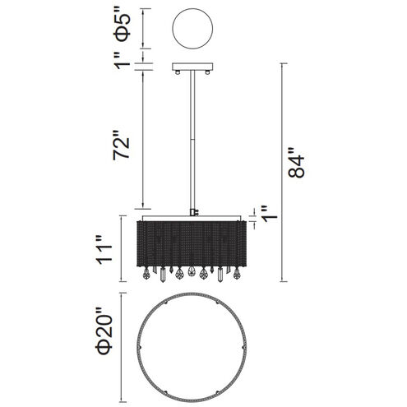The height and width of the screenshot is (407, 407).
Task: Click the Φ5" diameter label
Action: point(123,27)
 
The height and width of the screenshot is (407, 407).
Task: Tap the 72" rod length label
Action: point(121,145)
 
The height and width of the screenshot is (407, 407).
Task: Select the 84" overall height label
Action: point(296,163)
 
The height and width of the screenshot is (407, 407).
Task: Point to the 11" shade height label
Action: point(104,250)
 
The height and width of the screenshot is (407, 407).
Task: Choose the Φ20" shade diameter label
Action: point(104,332)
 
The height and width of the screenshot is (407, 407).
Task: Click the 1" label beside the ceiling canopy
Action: point(122,60)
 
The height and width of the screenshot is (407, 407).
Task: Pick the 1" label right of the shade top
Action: point(270,214)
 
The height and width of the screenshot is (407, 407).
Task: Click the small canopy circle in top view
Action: point(192,29)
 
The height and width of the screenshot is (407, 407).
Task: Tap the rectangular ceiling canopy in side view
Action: point(192,67)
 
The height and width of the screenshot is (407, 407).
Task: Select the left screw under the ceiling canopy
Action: point(178,72)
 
